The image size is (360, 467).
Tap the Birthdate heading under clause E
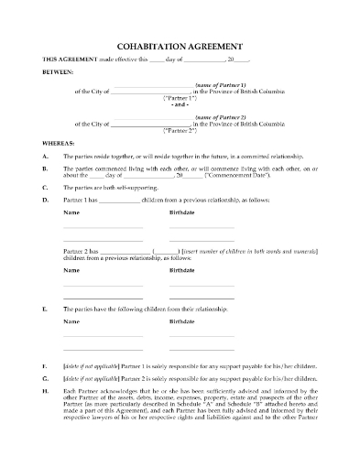(184, 321)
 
